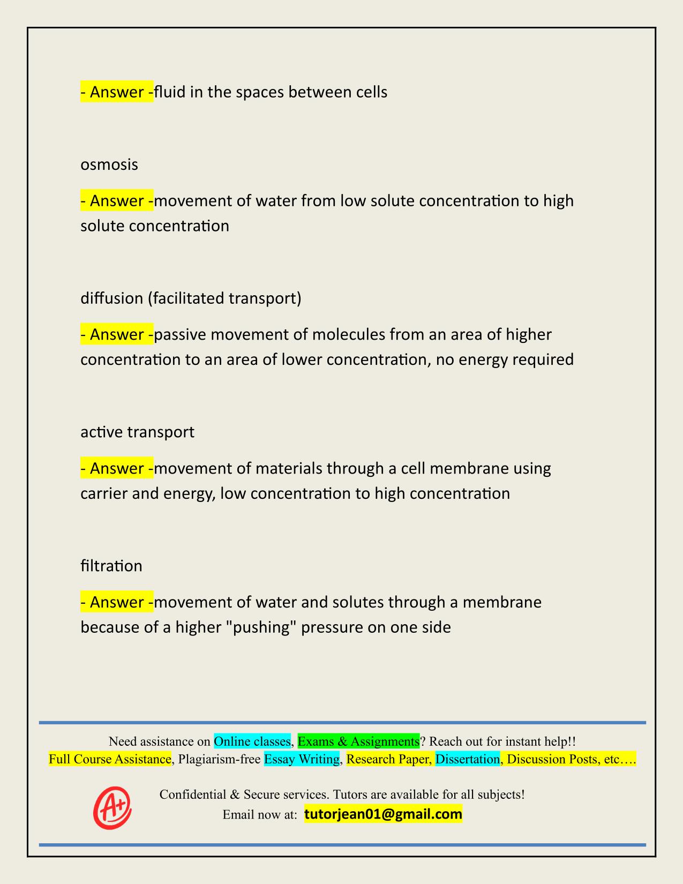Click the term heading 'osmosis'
click(x=109, y=164)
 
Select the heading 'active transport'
click(x=137, y=432)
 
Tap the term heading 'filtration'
click(x=111, y=566)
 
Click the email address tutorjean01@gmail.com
click(x=383, y=814)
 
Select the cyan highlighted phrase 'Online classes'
click(x=252, y=741)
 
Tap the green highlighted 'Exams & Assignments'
click(x=358, y=741)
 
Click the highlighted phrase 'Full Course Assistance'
click(x=110, y=759)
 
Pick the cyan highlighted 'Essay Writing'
click(x=302, y=759)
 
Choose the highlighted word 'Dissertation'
click(x=467, y=759)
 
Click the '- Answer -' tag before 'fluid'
click(x=117, y=92)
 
